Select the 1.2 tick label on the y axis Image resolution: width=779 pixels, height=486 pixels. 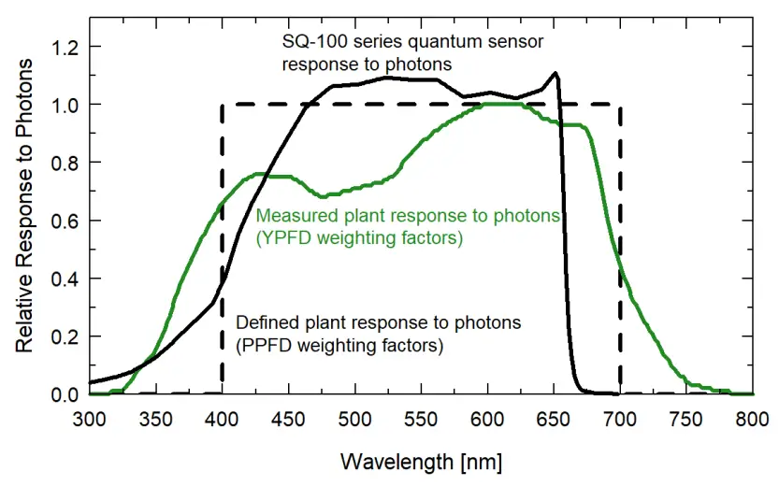pos(65,47)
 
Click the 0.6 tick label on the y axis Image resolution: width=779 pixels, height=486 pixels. pos(65,221)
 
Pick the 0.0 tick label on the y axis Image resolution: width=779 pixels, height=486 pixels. pos(65,394)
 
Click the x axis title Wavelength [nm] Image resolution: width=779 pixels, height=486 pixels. pos(421,461)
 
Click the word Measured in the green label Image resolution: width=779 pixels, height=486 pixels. pos(292,216)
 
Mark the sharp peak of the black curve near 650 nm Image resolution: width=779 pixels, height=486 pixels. pos(556,73)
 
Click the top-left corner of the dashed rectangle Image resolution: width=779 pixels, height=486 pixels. pos(222,105)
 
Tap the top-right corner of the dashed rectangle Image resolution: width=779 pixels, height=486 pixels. pos(620,105)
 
